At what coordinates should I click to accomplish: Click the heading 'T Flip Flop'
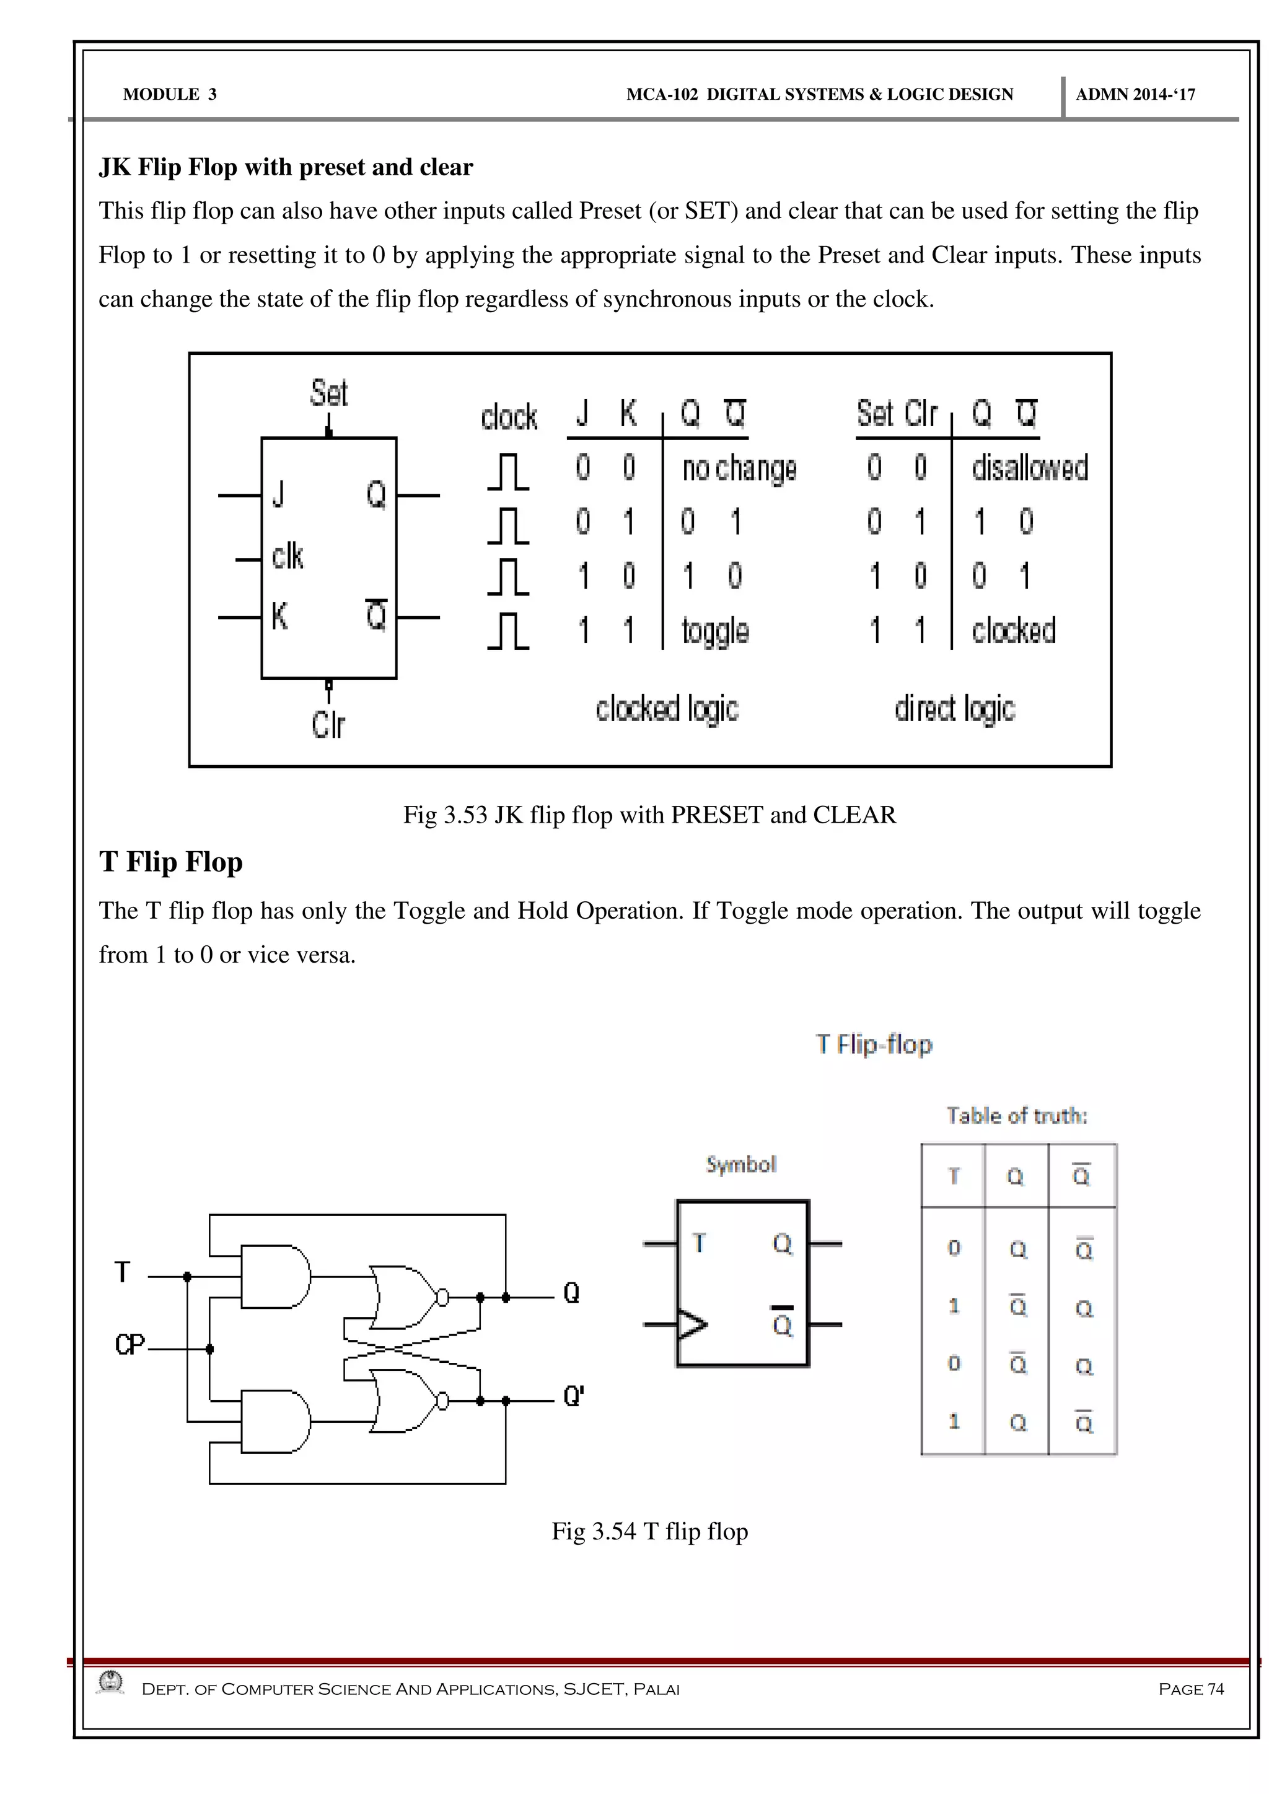(x=170, y=862)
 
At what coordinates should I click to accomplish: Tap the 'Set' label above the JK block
(x=328, y=392)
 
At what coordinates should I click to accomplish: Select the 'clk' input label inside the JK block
(x=288, y=556)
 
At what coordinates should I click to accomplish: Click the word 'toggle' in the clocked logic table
(x=715, y=631)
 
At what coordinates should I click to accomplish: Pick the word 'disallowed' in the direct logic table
(x=1030, y=467)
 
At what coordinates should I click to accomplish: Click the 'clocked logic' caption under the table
(x=667, y=708)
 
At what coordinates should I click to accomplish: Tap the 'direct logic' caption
(x=954, y=708)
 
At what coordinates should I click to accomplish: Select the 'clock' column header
(x=509, y=416)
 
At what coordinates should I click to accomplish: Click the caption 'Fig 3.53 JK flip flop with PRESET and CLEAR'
(x=649, y=815)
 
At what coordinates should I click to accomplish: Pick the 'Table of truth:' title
(x=1017, y=1115)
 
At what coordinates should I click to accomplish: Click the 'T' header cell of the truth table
(x=954, y=1176)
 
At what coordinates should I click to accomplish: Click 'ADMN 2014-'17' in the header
(x=1135, y=95)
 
